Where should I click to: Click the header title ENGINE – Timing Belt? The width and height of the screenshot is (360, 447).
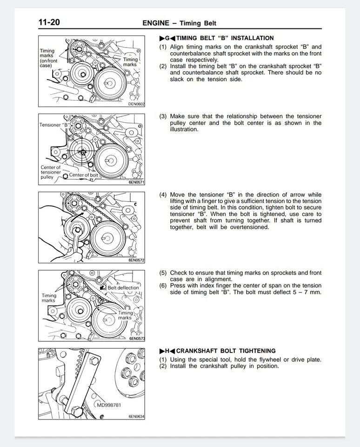tap(179, 23)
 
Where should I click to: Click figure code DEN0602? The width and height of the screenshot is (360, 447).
tap(136, 104)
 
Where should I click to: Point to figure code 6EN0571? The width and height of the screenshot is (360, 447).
tap(136, 183)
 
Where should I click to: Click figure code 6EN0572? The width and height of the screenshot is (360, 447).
tap(136, 260)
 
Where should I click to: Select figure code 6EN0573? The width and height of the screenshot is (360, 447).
tap(136, 339)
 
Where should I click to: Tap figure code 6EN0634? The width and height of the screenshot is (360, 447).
tap(136, 416)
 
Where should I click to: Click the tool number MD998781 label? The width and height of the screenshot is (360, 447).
tap(109, 405)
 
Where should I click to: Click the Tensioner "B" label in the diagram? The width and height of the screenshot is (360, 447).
tap(54, 125)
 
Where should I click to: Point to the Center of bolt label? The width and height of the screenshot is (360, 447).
tap(83, 175)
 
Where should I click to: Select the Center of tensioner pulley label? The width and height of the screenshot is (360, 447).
tap(51, 172)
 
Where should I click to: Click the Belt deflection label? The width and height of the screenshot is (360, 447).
tap(123, 288)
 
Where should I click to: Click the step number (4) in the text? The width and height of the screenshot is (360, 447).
tap(163, 195)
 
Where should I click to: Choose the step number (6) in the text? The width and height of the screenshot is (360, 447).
tap(163, 286)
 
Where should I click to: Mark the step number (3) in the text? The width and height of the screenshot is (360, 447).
tap(163, 116)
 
